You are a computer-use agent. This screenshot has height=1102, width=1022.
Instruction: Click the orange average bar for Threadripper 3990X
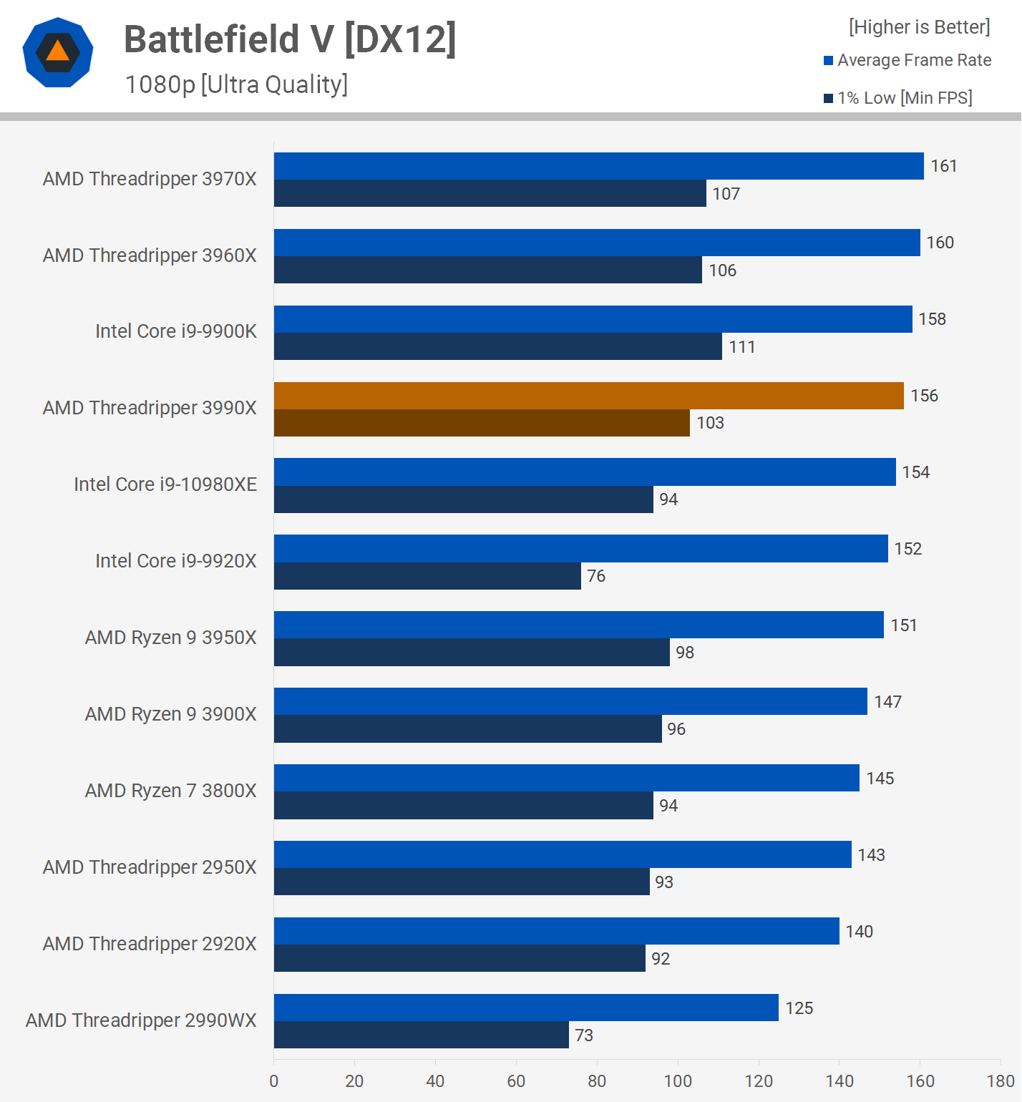(x=588, y=396)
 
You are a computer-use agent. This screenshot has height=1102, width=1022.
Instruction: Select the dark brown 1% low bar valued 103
(x=482, y=423)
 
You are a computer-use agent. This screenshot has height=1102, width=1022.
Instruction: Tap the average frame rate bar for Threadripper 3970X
(x=598, y=166)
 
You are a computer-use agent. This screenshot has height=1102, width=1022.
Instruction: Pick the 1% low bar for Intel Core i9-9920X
(x=427, y=576)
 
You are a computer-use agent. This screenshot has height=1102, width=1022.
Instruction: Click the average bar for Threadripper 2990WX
(x=526, y=1008)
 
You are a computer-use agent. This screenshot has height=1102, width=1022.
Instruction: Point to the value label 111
(x=741, y=347)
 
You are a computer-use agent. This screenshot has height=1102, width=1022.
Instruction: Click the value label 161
(x=943, y=166)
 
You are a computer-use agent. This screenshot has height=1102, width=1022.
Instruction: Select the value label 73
(x=583, y=1035)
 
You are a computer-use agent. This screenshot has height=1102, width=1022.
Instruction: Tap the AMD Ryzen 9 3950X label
(x=170, y=638)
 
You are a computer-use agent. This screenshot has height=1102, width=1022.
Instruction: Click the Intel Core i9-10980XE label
(x=165, y=484)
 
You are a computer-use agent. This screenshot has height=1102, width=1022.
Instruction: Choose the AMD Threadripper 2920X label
(x=150, y=944)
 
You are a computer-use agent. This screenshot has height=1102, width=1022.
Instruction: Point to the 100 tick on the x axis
(x=678, y=1081)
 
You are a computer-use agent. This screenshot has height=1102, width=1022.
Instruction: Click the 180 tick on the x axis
(x=1001, y=1081)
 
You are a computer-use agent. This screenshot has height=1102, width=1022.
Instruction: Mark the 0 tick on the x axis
(x=274, y=1081)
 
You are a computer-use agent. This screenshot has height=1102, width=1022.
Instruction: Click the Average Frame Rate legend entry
(x=907, y=60)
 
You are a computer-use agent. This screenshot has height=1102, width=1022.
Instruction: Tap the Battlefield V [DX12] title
(x=290, y=39)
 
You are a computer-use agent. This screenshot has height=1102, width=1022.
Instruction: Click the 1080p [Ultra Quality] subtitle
(x=236, y=84)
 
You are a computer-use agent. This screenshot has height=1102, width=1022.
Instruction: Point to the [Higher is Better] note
(x=919, y=27)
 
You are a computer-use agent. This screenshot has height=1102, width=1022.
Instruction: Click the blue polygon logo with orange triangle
(x=58, y=52)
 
